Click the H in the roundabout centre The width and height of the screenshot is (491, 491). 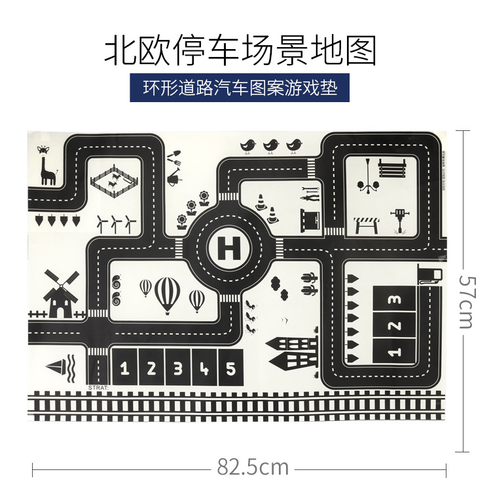[x=228, y=248]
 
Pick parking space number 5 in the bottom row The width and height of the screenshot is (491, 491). [x=230, y=369]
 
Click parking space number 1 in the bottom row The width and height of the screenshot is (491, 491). [x=126, y=369]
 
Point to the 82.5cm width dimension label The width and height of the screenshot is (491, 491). [x=253, y=467]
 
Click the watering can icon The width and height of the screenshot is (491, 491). [x=174, y=177]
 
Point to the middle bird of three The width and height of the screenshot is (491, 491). [x=270, y=145]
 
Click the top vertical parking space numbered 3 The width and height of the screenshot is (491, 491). [x=393, y=300]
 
